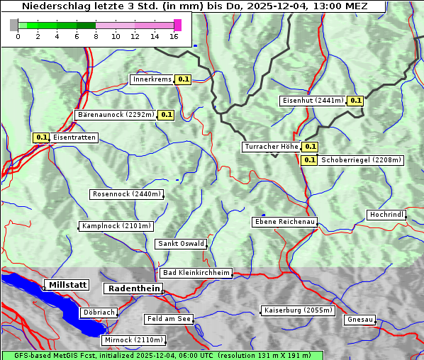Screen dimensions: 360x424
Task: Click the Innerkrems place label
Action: (152, 79)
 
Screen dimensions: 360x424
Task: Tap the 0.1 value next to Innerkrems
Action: (184, 80)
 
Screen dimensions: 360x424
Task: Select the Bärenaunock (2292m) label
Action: (115, 114)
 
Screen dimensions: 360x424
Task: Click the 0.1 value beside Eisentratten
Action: (41, 137)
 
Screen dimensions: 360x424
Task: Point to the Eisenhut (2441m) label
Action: (313, 101)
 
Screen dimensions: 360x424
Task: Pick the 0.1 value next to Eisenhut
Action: (355, 101)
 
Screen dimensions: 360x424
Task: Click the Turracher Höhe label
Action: (271, 147)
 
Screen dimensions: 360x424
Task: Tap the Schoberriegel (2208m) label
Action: (361, 160)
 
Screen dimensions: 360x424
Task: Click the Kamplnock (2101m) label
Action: (116, 226)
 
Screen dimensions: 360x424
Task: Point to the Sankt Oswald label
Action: (181, 244)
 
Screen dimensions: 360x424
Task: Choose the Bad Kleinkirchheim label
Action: (196, 273)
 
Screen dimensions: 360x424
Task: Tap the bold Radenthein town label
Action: (133, 288)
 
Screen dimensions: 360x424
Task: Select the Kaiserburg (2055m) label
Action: (297, 310)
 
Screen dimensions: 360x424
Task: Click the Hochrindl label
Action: (386, 215)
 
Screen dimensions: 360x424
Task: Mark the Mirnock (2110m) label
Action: (133, 340)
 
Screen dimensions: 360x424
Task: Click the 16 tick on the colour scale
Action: (174, 36)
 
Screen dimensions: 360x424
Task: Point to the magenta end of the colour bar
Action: (177, 25)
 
